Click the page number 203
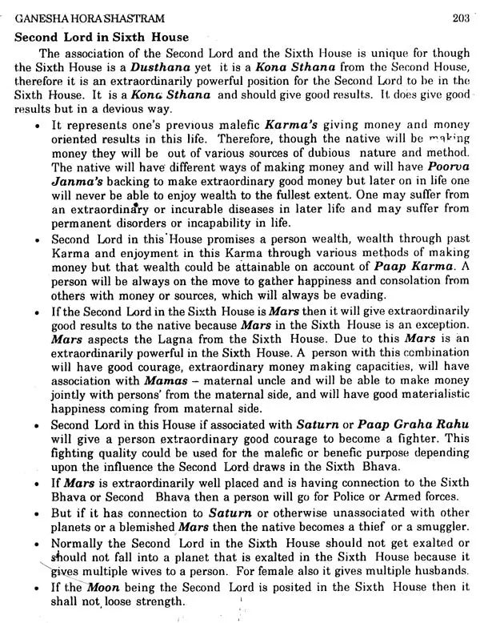460,18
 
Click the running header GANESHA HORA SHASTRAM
65,19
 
